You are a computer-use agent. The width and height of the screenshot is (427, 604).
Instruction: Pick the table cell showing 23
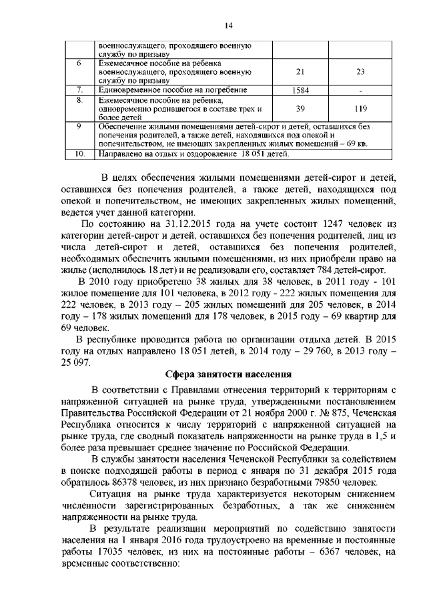(x=361, y=71)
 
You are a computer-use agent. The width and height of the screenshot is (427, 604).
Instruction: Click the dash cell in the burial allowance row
(x=361, y=89)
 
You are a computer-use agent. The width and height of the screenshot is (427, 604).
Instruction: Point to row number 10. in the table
(x=79, y=155)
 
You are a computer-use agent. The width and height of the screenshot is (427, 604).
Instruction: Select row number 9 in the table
(x=79, y=126)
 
